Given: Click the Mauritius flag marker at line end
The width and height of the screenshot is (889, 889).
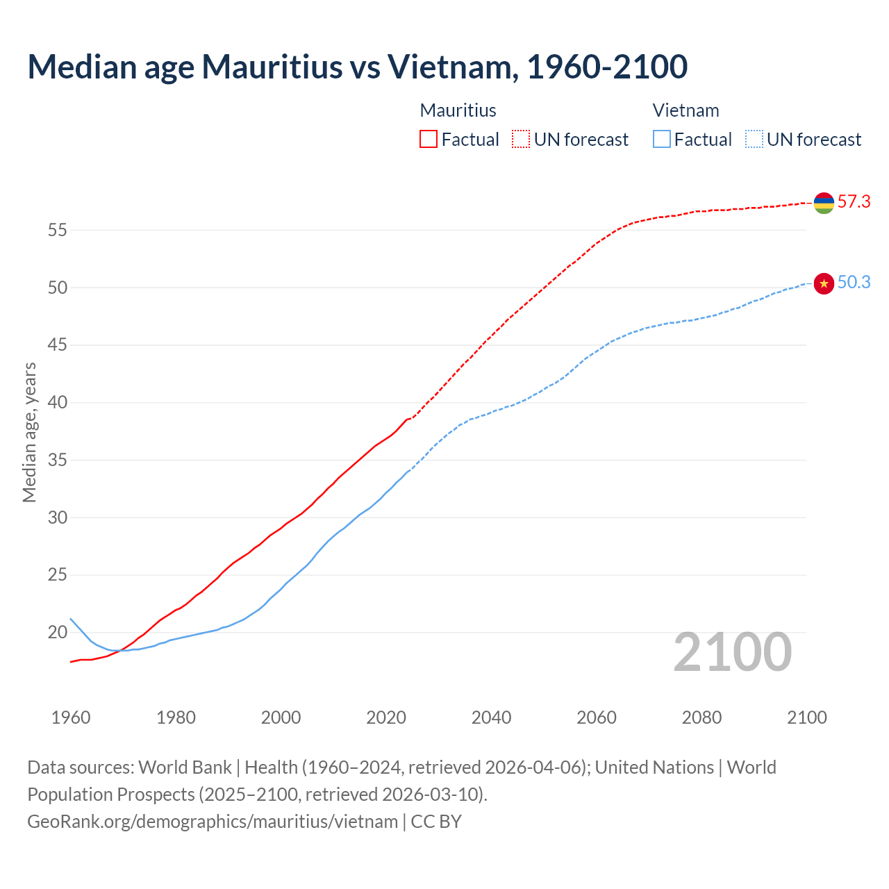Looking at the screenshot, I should (x=824, y=203).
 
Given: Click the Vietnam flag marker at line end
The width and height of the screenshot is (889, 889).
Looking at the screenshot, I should (x=824, y=283).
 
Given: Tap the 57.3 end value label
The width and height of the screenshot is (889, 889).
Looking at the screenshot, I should (x=854, y=202).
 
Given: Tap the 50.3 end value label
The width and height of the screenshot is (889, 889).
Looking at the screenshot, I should (x=854, y=283).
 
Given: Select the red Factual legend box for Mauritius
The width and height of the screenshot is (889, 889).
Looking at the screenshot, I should (x=429, y=140).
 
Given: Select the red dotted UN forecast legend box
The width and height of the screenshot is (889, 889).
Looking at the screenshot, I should (x=521, y=140).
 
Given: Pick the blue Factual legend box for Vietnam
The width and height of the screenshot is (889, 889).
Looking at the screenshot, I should (x=662, y=140).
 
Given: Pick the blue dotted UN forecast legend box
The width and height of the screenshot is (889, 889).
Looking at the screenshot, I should (x=754, y=140).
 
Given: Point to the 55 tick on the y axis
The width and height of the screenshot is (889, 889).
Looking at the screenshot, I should (x=57, y=230).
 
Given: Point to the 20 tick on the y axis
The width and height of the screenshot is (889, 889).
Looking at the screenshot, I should (x=57, y=633).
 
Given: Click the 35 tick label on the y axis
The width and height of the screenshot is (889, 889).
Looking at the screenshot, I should (x=57, y=460).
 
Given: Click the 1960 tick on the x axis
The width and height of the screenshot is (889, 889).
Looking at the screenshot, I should (x=71, y=717).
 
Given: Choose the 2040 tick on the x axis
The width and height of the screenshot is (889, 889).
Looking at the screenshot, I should (x=491, y=717).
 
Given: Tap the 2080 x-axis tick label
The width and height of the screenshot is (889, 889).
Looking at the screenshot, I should (x=701, y=717).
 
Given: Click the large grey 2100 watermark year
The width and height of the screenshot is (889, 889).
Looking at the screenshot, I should (x=732, y=652).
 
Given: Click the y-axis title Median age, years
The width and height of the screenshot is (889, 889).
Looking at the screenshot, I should (x=29, y=432).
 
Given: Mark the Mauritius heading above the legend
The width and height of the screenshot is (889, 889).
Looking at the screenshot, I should (x=458, y=110).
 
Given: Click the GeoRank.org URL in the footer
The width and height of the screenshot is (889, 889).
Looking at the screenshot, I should (x=213, y=822).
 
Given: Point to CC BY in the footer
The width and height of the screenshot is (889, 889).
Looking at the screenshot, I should (x=436, y=822).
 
